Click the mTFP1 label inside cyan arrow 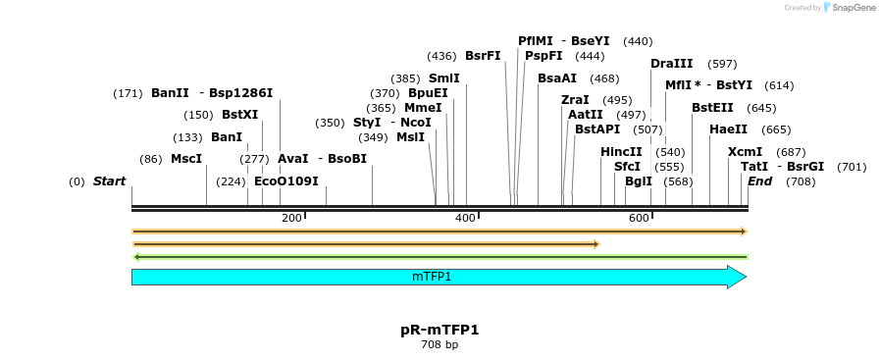coord(432,278)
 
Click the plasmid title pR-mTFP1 coord(440,330)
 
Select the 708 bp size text coord(440,345)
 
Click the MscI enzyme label coord(186,159)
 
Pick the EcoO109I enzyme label coord(286,181)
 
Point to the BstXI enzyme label coord(239,115)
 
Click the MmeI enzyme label coord(423,108)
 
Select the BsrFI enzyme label coord(483,56)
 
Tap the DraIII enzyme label coord(672,64)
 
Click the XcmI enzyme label coord(745,152)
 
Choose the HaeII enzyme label coord(728,129)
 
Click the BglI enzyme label coord(639,181)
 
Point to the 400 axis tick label coord(465,218)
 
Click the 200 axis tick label coord(291,218)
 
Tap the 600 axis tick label coord(639,218)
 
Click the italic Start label coord(109,181)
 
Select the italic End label coord(759,181)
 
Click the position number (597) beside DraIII coord(722,64)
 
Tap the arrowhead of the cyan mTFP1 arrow coord(738,278)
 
